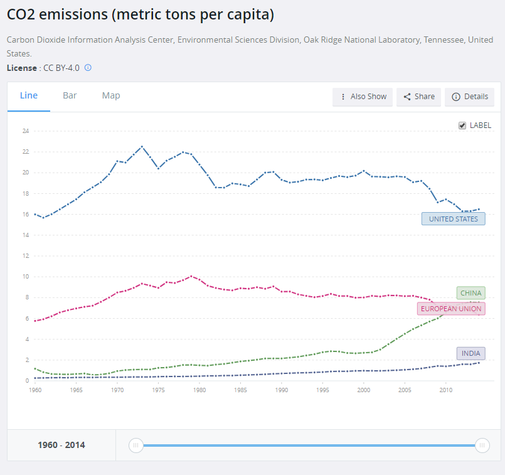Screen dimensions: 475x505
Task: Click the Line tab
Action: (x=29, y=96)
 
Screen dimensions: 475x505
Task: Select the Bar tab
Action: (x=70, y=96)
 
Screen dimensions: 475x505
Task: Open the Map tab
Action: (x=111, y=96)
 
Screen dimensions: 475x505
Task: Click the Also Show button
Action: (x=363, y=97)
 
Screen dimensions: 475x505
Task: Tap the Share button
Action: (x=418, y=97)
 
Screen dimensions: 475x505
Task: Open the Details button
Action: (x=469, y=97)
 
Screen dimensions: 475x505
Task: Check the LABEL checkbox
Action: (x=463, y=125)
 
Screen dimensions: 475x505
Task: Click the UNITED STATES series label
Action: (x=453, y=219)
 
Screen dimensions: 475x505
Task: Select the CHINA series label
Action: (x=470, y=293)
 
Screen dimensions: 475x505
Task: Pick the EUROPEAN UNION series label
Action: (x=451, y=309)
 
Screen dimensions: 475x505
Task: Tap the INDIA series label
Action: (x=470, y=354)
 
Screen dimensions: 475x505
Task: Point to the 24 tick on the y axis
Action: (x=26, y=131)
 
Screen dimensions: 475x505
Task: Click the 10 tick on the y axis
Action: (x=26, y=277)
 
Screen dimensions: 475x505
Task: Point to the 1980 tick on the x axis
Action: (x=199, y=390)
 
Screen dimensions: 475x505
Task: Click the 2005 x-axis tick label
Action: (x=405, y=390)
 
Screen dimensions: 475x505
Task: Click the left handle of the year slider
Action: (x=136, y=446)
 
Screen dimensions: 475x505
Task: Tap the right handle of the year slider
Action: (x=482, y=446)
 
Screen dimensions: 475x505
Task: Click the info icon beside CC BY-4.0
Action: (x=88, y=68)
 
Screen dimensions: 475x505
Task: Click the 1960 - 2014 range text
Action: (x=61, y=446)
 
